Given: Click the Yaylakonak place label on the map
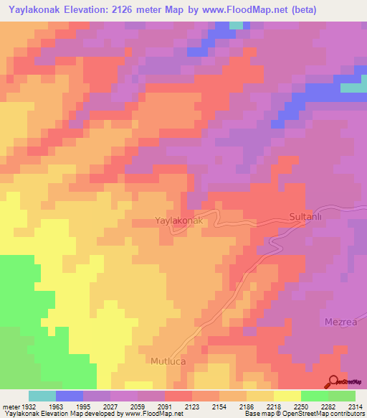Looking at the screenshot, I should tap(180, 222).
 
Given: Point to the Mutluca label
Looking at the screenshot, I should tap(168, 361).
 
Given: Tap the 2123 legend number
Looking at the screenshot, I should tap(171, 406).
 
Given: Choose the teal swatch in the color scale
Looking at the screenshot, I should tap(42, 396).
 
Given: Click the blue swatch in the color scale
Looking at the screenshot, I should tap(70, 396).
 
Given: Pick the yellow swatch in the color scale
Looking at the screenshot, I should tap(287, 396).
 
